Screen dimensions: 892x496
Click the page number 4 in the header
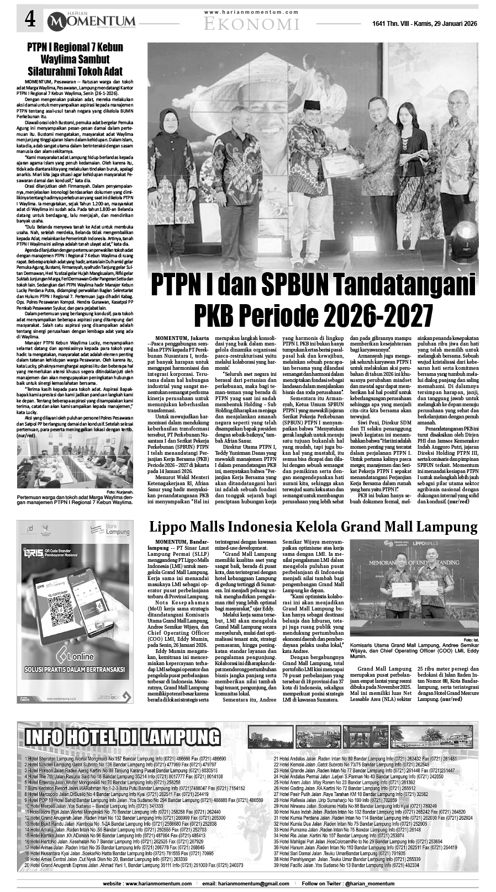click(x=30, y=22)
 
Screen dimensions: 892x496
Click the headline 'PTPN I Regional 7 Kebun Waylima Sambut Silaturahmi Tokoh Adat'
click(x=75, y=60)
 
